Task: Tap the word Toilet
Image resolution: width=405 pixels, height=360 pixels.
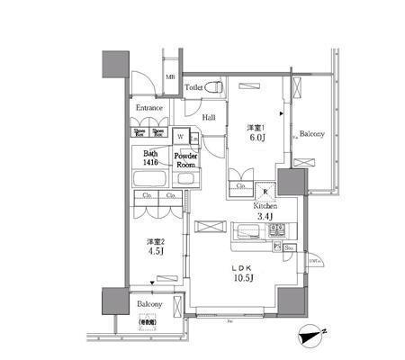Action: pos(193,87)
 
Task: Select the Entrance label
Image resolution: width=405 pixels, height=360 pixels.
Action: pos(149,109)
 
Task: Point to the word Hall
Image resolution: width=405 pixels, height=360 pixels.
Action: pos(209,117)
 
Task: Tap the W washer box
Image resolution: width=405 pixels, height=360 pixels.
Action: pos(181,136)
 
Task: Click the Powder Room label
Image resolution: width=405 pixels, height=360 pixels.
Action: pos(185,160)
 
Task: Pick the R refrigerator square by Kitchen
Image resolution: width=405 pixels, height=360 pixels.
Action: pos(265,189)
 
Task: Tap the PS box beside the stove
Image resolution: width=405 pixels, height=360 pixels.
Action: pos(278,245)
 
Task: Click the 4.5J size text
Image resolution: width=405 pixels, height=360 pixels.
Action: pos(156,253)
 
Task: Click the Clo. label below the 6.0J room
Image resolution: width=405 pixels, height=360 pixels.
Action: pos(242,186)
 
